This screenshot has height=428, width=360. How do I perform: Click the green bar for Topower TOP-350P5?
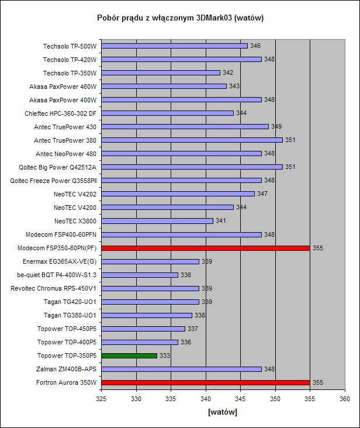129,355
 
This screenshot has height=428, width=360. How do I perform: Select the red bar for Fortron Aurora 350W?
205,382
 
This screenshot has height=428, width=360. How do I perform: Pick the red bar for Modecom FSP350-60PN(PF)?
205,248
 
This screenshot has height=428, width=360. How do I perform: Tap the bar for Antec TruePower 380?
192,140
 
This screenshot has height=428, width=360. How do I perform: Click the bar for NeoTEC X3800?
157,221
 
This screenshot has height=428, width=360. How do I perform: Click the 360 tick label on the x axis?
344,399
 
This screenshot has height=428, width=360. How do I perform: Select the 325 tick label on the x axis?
101,399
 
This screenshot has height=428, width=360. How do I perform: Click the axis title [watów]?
223,412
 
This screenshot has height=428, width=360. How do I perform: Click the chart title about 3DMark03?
180,18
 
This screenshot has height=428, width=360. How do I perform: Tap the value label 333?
165,355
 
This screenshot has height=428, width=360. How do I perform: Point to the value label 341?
221,221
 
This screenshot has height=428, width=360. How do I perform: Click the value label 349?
276,127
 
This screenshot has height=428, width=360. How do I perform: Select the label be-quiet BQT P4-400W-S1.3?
57,275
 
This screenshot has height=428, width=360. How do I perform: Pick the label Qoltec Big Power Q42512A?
58,167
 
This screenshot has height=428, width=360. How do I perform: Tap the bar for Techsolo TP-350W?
161,73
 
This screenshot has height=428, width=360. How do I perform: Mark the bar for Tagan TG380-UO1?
147,315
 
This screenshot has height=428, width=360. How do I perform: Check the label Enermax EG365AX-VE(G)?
60,261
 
